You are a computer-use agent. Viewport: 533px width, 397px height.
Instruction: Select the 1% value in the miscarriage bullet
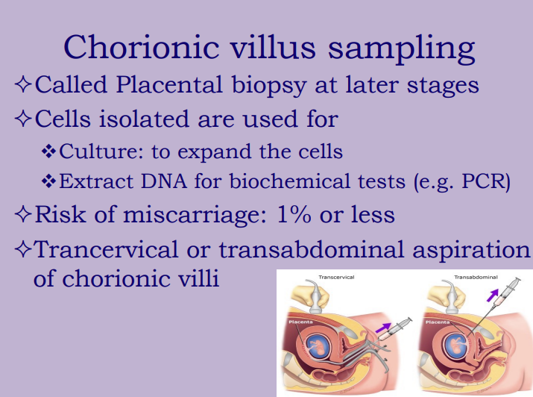tap(290, 215)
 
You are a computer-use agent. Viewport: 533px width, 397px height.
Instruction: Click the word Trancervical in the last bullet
tap(110, 250)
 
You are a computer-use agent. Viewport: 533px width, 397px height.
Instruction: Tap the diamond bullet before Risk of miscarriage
tap(22, 215)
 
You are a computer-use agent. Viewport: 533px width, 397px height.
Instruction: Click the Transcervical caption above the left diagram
tap(337, 277)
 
